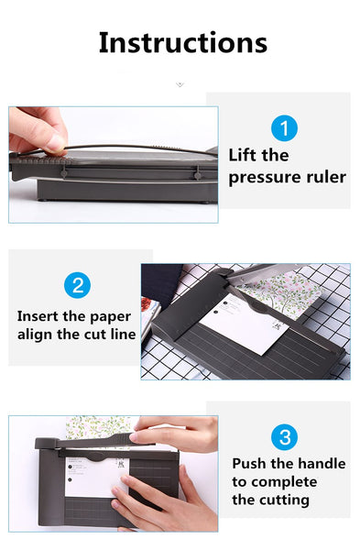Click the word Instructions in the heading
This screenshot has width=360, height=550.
(x=183, y=43)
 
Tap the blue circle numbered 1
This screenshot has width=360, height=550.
(x=284, y=128)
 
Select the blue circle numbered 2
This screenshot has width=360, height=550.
(x=78, y=285)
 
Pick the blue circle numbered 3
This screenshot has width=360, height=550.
(x=284, y=437)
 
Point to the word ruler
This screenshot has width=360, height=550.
(x=326, y=177)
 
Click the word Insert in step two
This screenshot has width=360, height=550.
(x=38, y=316)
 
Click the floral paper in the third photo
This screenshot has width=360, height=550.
(x=99, y=427)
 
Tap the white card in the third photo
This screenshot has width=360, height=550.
(x=96, y=478)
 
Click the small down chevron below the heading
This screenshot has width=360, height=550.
(x=180, y=84)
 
